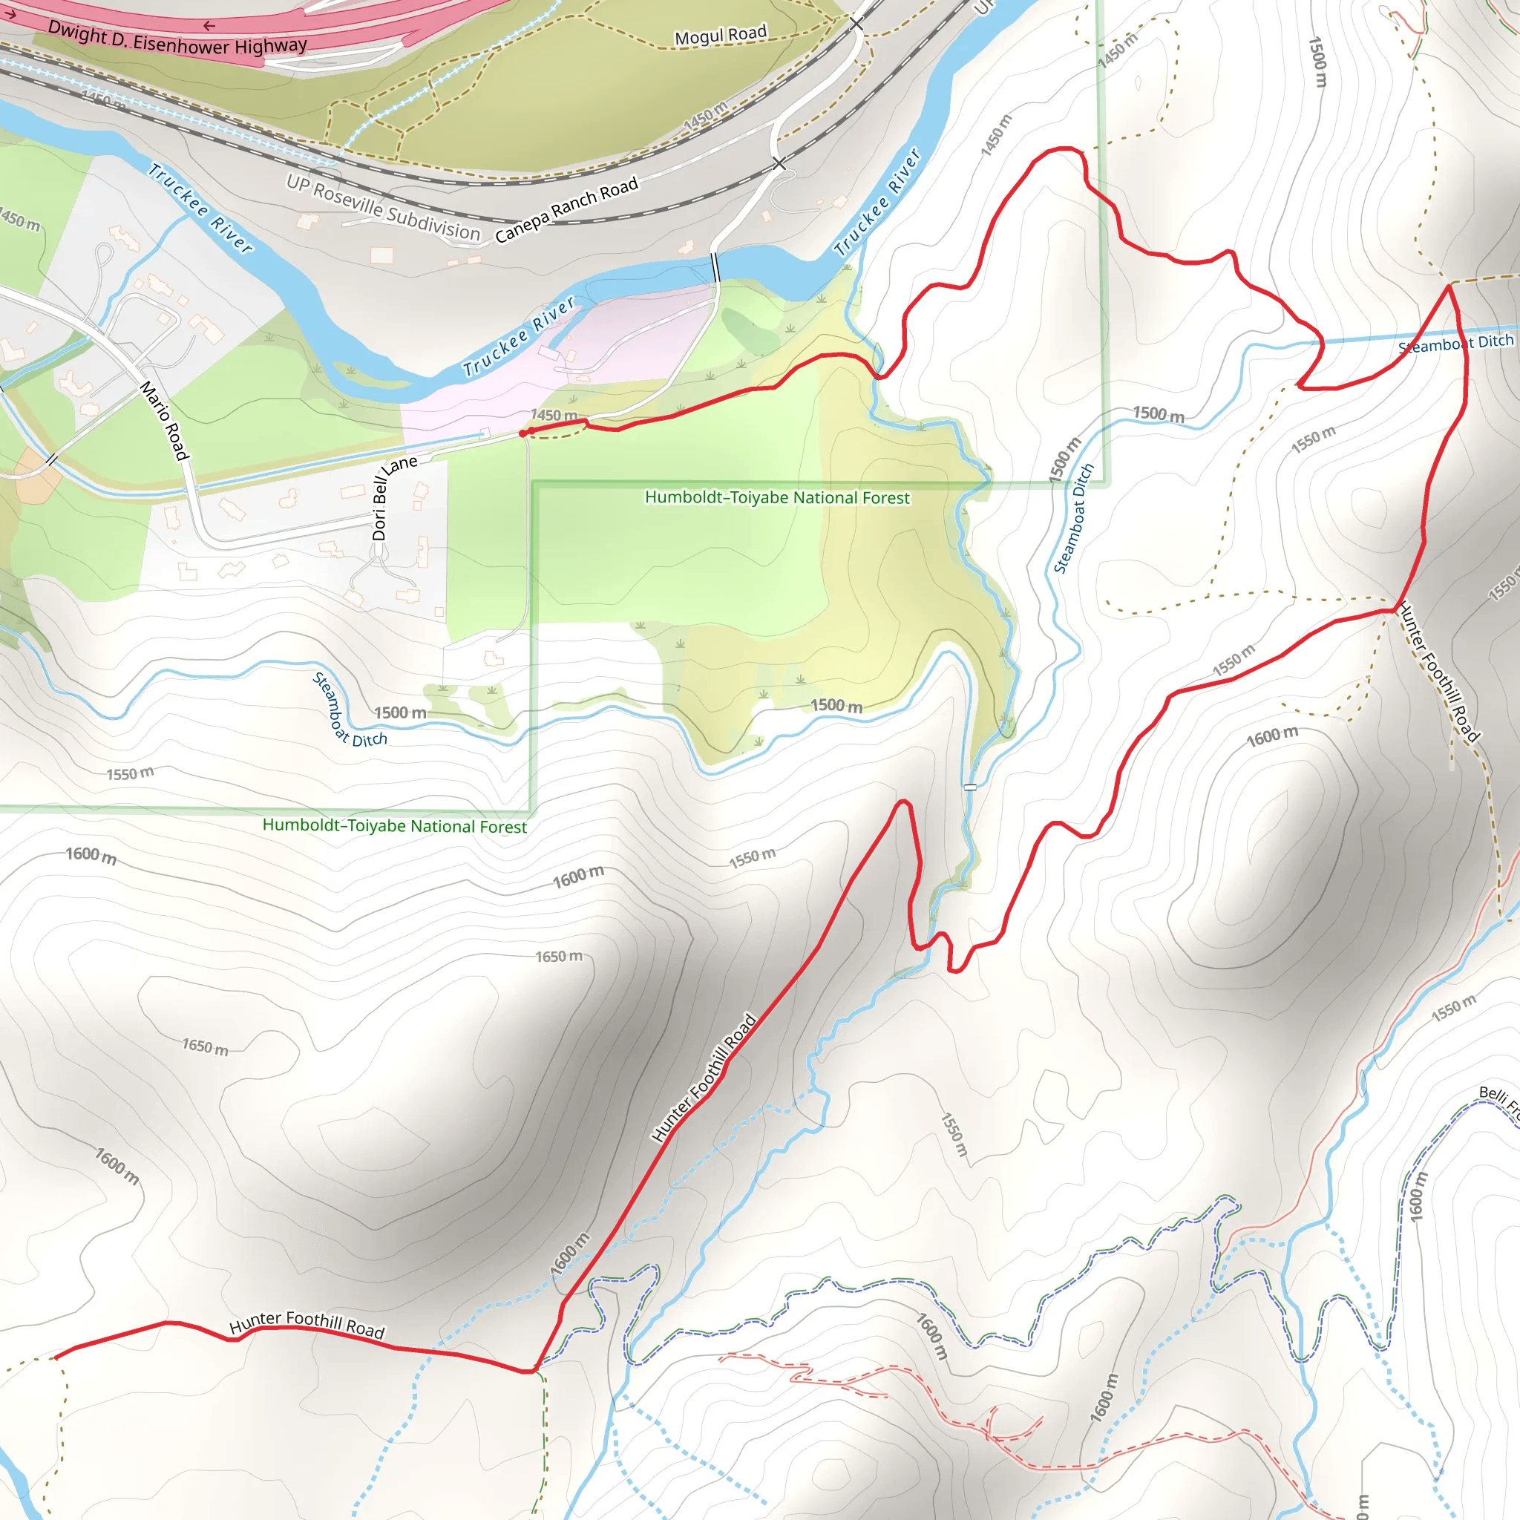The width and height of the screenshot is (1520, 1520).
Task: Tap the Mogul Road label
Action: (x=720, y=36)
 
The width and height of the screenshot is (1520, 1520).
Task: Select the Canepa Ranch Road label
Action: (x=566, y=210)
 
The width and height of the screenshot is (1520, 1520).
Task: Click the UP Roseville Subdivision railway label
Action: (x=383, y=208)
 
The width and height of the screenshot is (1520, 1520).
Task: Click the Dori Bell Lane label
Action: (x=391, y=497)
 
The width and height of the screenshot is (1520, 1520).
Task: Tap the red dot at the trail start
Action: (x=523, y=433)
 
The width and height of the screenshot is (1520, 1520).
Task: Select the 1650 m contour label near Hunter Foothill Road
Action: (x=559, y=957)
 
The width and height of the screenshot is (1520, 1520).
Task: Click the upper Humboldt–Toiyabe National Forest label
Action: (x=776, y=497)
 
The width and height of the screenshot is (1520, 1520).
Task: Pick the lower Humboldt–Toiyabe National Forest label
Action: (x=394, y=825)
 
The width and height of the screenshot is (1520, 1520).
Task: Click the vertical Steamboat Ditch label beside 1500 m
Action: (x=1073, y=519)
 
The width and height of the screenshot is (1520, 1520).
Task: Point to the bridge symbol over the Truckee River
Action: (x=715, y=267)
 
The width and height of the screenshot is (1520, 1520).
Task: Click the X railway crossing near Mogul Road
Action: (x=856, y=24)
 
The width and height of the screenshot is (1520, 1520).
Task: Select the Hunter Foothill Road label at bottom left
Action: (x=307, y=1324)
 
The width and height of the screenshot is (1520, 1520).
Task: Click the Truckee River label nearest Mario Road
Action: (x=200, y=209)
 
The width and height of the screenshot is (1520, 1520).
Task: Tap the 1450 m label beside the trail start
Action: (x=554, y=415)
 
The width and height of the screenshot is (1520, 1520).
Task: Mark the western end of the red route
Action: (x=55, y=1357)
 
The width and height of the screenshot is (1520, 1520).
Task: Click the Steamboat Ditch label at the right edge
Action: (x=1455, y=343)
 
